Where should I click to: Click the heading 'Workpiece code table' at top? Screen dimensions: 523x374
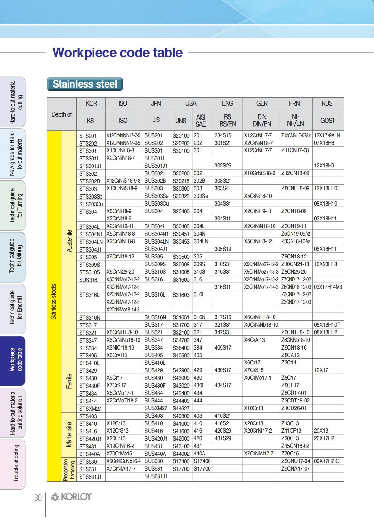(117, 53)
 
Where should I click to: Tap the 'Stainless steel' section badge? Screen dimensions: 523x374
(85, 84)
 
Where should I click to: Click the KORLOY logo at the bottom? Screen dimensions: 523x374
(71, 497)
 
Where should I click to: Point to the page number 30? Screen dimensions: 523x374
(38, 498)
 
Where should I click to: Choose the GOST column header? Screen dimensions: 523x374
(327, 120)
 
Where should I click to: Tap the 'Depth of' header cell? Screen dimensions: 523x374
(61, 114)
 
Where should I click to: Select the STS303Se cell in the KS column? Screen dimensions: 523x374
(91, 196)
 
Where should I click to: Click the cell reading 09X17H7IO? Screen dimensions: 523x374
(327, 461)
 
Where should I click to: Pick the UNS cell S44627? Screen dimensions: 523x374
(181, 408)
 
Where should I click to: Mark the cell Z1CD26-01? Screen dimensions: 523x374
(294, 408)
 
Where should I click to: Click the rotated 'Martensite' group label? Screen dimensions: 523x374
(69, 435)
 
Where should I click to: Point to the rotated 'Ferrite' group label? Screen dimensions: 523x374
(69, 381)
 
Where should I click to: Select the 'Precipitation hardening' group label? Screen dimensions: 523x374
(69, 470)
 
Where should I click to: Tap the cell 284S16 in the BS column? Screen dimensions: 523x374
(223, 135)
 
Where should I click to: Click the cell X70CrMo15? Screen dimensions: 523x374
(119, 454)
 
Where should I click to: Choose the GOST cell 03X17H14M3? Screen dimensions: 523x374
(328, 287)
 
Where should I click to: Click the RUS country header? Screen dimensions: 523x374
(327, 103)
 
